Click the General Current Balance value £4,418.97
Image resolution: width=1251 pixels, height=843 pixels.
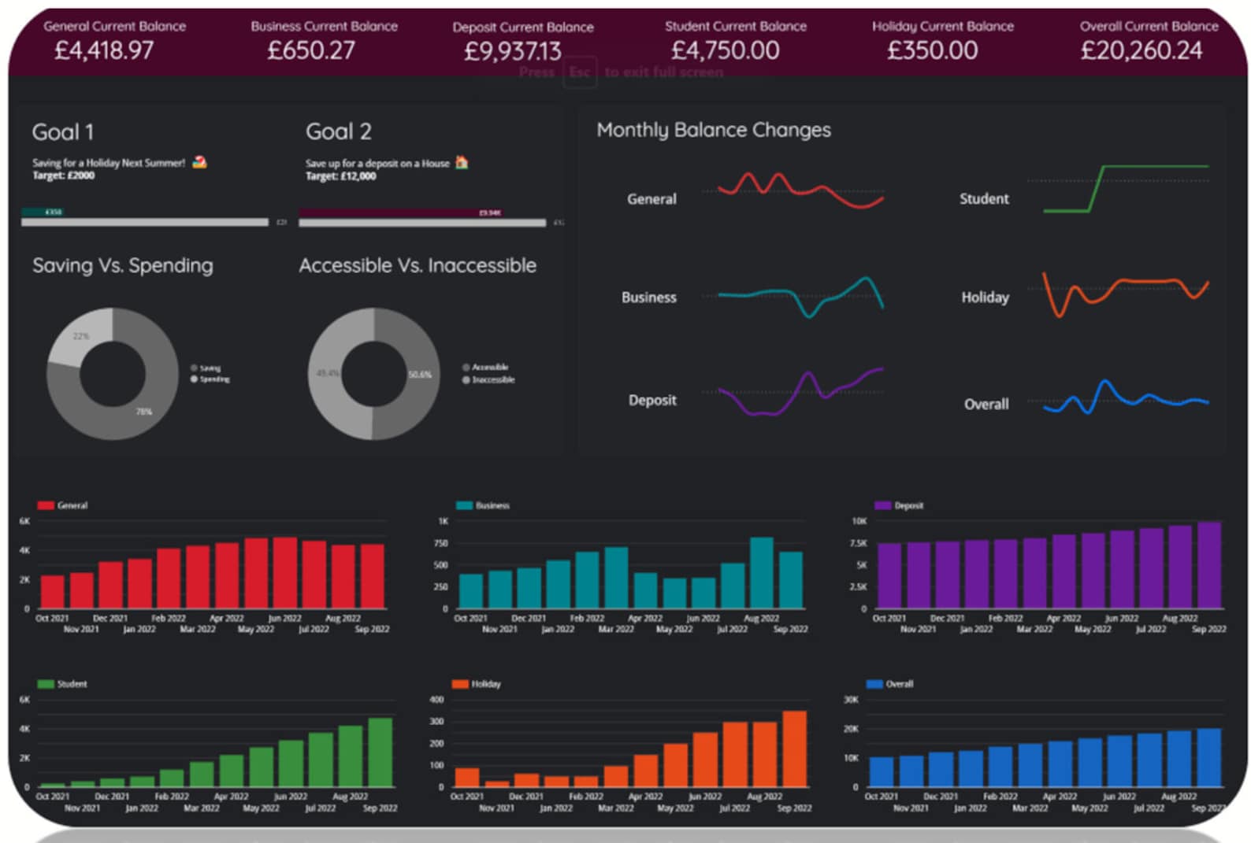103,50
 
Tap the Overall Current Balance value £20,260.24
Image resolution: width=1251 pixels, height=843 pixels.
1141,50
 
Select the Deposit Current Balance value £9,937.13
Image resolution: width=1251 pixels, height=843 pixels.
512,51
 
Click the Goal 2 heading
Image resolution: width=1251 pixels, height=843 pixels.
338,131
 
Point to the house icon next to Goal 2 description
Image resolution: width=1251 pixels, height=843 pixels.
462,162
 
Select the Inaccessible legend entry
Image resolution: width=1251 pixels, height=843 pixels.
492,379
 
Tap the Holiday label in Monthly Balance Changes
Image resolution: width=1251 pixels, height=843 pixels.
985,297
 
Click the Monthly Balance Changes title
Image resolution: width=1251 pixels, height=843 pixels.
713,130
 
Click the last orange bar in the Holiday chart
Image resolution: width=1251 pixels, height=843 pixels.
794,749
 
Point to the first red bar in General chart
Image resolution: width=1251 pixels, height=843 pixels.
52,591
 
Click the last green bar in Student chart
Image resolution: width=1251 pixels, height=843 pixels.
380,752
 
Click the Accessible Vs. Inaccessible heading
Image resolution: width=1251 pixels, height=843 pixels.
417,265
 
